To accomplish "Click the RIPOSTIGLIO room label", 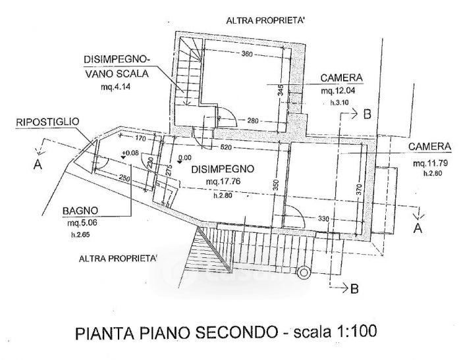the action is point(47,122).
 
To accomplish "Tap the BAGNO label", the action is point(80,211).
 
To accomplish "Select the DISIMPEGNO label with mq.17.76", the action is point(223,169).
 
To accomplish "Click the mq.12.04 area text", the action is point(338,91).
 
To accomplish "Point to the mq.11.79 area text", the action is point(426,163).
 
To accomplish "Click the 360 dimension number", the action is point(247,54).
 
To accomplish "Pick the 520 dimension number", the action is point(226,147).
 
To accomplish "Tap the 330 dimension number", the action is point(323,219).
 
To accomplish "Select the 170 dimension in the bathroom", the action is point(140,138).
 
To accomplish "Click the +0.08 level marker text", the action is point(130,153).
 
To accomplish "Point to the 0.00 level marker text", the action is point(184,158).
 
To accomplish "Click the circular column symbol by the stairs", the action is point(304,272).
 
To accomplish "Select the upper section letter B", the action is point(367,114).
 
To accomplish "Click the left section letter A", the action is point(38,165).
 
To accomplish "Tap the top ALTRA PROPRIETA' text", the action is point(265,21).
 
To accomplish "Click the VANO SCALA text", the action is point(117,74).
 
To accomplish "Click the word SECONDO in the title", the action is point(236,333).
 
